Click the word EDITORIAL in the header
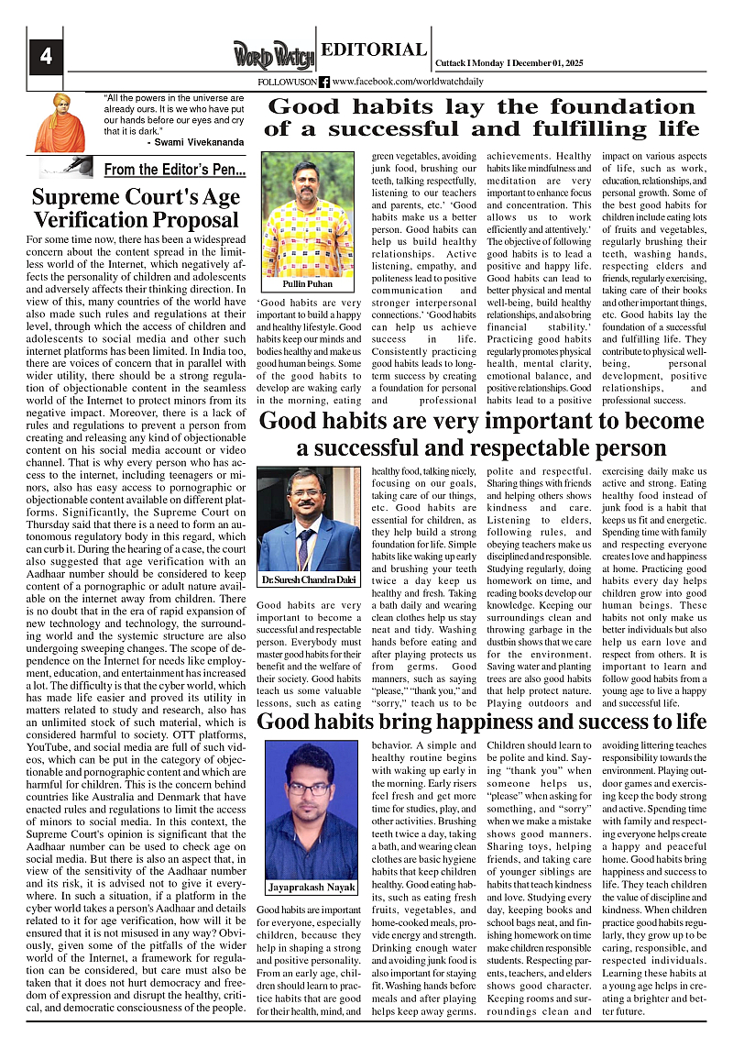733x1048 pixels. click(x=374, y=50)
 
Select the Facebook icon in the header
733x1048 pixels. click(x=324, y=82)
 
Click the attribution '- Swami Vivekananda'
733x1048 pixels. click(x=195, y=143)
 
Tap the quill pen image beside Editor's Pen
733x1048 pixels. click(x=66, y=166)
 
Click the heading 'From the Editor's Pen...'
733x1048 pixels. click(x=174, y=170)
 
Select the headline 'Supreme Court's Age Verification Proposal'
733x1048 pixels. click(x=136, y=208)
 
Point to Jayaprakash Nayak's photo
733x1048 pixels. click(x=311, y=808)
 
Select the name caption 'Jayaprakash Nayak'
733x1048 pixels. click(x=312, y=888)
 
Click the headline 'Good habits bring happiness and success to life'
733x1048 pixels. click(x=481, y=722)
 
